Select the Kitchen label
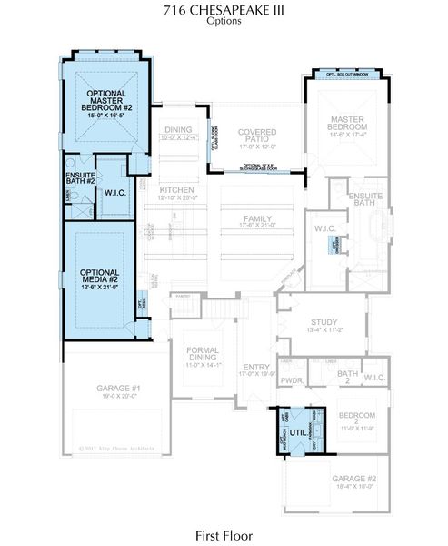coord(176,189)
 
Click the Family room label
coord(256,218)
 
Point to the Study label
coord(324,321)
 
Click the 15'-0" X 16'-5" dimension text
coord(106,116)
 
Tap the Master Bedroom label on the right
coord(347,124)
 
